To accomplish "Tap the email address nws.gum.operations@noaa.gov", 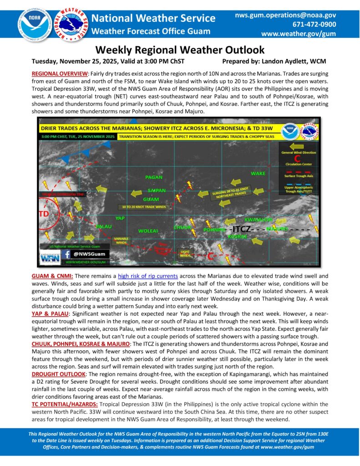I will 285,15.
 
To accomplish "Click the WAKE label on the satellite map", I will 258,173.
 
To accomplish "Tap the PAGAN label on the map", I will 153,177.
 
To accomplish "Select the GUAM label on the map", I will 151,199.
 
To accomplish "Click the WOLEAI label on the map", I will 148,231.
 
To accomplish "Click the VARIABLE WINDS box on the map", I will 121,240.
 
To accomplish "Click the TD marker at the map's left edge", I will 44,213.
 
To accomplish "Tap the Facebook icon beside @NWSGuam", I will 67,254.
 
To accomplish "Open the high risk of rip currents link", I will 146,276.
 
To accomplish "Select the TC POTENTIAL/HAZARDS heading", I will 64,404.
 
